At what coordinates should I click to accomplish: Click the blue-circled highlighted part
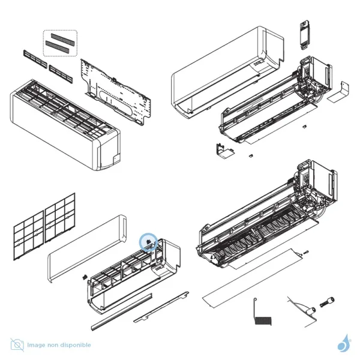[x=148, y=242]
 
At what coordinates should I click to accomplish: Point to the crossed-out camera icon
[x=18, y=345]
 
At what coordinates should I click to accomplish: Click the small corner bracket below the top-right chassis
[x=222, y=150]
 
